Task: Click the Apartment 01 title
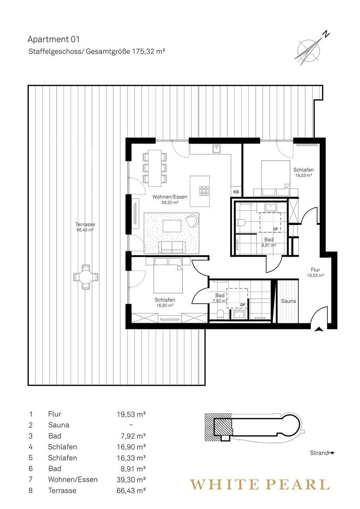(x=53, y=39)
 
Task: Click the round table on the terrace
(x=86, y=277)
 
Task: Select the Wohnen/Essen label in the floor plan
(x=170, y=197)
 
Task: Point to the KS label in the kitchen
(x=236, y=192)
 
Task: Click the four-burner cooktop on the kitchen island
(x=204, y=191)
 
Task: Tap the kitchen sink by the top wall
(x=217, y=149)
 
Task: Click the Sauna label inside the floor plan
(x=289, y=301)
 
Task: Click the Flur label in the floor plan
(x=315, y=270)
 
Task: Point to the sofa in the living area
(x=172, y=247)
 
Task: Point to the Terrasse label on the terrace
(x=85, y=224)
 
